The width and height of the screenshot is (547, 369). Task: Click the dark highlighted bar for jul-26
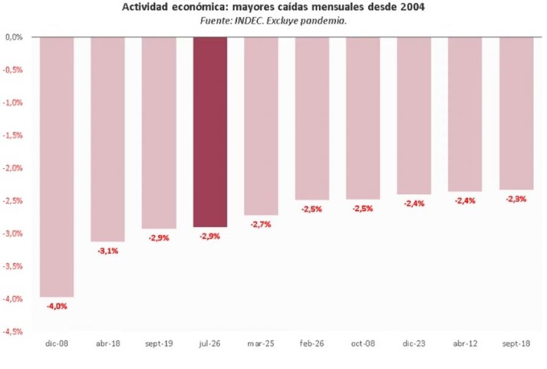tap(210, 132)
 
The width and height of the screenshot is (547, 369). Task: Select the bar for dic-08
tap(57, 167)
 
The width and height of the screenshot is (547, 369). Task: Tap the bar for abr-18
tap(108, 140)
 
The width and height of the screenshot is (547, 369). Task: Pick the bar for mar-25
tap(261, 126)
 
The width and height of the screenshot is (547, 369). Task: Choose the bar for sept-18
tap(516, 113)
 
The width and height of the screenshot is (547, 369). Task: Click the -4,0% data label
tap(57, 306)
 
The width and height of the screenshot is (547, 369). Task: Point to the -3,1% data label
tap(108, 251)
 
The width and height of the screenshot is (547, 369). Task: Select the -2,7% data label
tap(261, 225)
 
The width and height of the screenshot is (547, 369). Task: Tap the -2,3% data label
tap(516, 199)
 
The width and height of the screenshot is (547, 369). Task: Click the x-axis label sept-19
tap(159, 344)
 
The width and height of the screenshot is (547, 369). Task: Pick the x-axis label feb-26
tap(312, 344)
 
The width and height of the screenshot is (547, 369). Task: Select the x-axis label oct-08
tap(363, 344)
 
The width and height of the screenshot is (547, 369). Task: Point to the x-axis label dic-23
tap(414, 344)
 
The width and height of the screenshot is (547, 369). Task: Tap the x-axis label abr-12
tap(465, 344)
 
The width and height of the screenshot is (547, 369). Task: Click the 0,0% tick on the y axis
tap(14, 37)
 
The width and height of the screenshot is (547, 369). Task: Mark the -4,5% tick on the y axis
tap(13, 331)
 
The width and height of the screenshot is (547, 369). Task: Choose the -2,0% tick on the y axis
tap(13, 168)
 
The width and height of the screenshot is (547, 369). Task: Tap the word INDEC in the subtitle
tap(249, 21)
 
